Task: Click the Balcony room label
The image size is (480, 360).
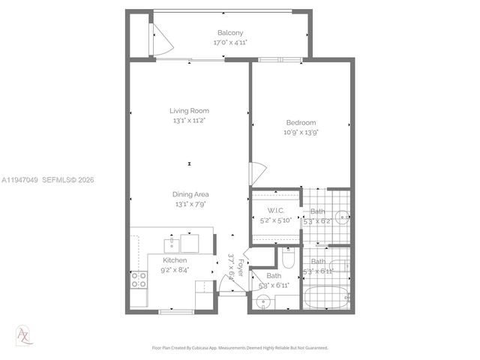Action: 230,33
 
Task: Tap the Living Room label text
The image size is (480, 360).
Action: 189,110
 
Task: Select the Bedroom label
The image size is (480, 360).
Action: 300,122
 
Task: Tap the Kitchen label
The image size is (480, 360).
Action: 175,260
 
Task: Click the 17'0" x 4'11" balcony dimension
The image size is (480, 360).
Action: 230,43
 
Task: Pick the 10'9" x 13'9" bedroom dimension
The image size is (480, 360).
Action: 300,132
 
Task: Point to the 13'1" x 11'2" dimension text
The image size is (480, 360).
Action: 189,120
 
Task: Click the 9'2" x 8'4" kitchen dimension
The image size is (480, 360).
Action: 175,270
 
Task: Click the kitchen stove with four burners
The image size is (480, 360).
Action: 139,280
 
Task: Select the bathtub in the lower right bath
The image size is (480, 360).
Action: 327,295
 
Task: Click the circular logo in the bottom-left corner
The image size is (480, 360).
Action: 24,334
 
